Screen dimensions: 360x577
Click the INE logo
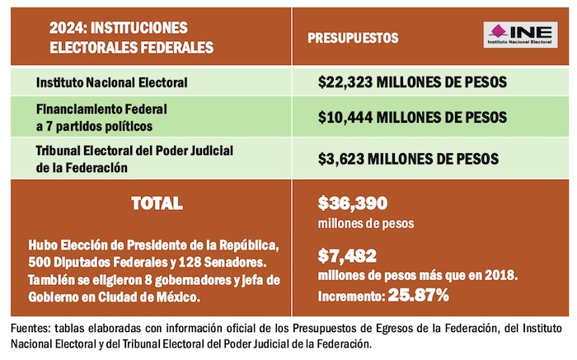(x=520, y=37)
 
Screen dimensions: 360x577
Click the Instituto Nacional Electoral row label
(x=112, y=82)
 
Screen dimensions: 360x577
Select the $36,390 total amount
(x=352, y=203)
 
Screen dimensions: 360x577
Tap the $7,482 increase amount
(x=345, y=256)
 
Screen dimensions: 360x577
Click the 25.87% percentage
(x=420, y=294)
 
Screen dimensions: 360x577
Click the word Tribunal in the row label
(x=62, y=150)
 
